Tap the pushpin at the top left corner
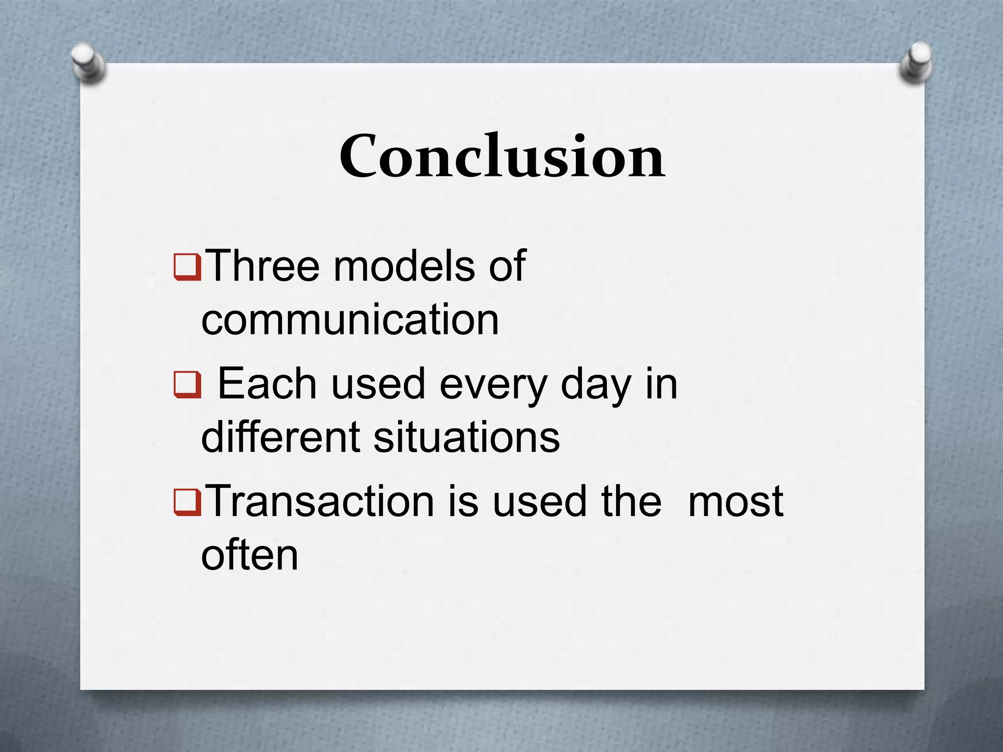pyautogui.click(x=88, y=64)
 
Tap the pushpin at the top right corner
pyautogui.click(x=916, y=63)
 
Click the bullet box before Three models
pyautogui.click(x=187, y=267)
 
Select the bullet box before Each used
pyautogui.click(x=187, y=385)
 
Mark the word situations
pyautogui.click(x=466, y=437)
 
